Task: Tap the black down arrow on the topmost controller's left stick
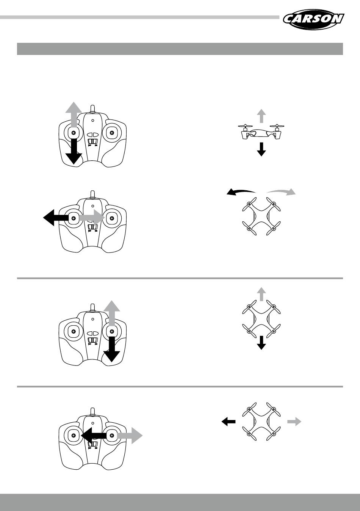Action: [x=74, y=152]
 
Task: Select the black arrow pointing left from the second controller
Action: [x=56, y=218]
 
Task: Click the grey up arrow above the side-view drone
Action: [x=261, y=115]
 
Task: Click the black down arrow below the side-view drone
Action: [x=261, y=149]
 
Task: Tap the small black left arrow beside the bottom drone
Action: [x=229, y=421]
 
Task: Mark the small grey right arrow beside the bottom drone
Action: [x=294, y=421]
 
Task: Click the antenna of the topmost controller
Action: [x=92, y=109]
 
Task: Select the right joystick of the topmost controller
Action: [x=111, y=133]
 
